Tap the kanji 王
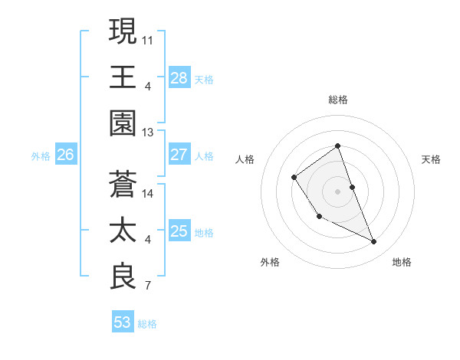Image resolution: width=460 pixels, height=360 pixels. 123,77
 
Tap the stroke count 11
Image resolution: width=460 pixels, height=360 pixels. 148,39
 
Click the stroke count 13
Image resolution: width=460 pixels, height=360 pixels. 148,133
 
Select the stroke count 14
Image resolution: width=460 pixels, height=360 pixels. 148,193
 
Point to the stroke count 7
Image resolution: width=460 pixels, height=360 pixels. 147,286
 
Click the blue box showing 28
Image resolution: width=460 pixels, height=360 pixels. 179,78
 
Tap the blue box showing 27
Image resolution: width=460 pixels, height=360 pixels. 179,155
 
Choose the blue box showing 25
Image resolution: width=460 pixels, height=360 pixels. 179,231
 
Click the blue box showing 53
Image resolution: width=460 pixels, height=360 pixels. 122,322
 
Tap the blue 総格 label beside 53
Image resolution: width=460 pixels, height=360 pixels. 147,324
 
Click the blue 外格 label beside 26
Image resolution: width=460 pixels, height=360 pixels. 41,156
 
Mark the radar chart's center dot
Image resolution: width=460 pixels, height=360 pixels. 337,191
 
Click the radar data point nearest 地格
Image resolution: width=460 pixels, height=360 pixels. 374,242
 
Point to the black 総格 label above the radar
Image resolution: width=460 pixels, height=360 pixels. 338,100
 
